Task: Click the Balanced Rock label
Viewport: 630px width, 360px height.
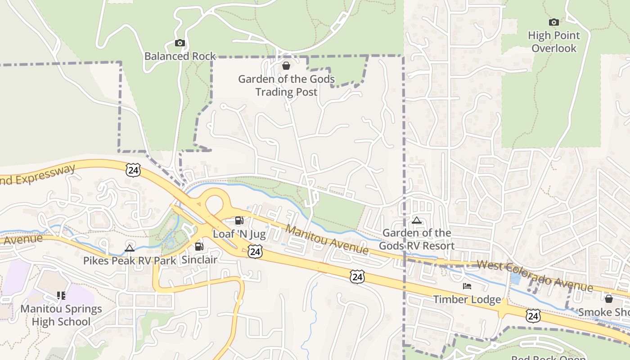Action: pos(180,56)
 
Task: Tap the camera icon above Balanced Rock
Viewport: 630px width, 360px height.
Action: pos(180,43)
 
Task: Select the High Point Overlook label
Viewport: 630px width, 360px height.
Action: pos(554,41)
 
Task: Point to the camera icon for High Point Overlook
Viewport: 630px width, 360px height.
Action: pos(554,22)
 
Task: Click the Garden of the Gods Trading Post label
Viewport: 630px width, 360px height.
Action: pos(286,85)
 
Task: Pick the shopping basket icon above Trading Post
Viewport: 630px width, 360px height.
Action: pos(286,66)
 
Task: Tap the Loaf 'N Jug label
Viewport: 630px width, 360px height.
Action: pos(239,234)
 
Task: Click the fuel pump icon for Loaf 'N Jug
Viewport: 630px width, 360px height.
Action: pos(239,220)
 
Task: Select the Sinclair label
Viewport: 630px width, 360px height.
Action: pos(199,260)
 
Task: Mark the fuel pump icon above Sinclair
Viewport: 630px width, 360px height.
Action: pos(199,247)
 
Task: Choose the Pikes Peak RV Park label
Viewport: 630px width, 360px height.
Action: pos(130,261)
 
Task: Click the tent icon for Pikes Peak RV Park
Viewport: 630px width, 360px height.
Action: pos(130,248)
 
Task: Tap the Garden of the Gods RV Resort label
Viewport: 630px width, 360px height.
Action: pos(417,239)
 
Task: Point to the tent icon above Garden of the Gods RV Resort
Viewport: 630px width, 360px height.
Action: pos(417,220)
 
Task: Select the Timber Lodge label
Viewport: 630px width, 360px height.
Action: pos(467,299)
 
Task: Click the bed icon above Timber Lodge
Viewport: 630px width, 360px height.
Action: pos(467,286)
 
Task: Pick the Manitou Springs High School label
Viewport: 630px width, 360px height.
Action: pos(61,315)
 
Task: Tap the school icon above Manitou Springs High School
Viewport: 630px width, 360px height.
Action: pos(61,296)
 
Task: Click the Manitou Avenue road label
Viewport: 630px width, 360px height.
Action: pos(327,239)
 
